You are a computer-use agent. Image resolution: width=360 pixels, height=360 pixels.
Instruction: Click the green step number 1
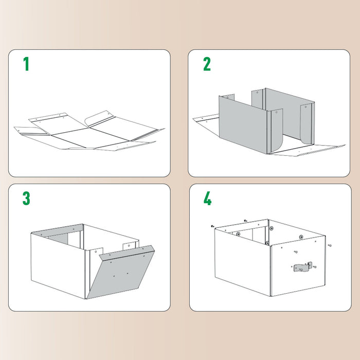26,64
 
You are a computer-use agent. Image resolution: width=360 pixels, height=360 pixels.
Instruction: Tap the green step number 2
207,64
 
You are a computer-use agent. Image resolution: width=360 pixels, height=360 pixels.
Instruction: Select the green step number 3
26,198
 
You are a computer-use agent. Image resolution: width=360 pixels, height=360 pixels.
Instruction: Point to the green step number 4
207,199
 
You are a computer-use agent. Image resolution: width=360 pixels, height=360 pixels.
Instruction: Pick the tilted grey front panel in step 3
121,273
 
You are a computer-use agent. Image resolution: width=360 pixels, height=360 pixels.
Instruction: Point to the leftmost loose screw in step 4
212,226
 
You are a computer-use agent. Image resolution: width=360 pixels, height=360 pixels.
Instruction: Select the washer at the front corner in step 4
267,242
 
